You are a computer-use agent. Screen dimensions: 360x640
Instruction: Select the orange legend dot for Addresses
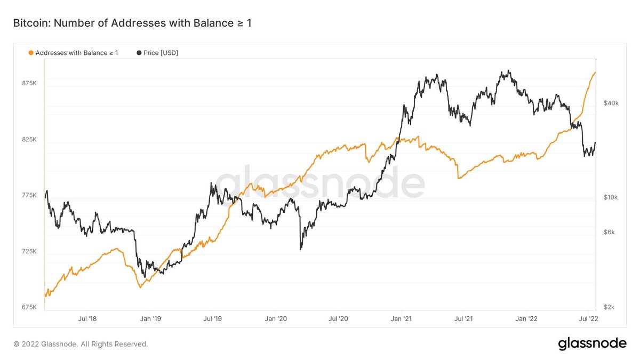click(x=31, y=53)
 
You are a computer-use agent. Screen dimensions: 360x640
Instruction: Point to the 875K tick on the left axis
click(x=29, y=84)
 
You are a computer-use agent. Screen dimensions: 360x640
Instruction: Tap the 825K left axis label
click(x=29, y=140)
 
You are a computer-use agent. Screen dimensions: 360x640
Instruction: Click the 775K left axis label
click(x=29, y=196)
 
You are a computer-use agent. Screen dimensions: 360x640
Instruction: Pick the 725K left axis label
click(x=29, y=251)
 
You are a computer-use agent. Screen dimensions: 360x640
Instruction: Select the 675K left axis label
click(x=29, y=307)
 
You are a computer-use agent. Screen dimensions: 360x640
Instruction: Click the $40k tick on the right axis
click(x=611, y=103)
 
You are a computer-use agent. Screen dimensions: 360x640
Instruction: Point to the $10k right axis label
click(x=611, y=197)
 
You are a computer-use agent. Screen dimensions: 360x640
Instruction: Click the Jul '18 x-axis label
click(x=87, y=319)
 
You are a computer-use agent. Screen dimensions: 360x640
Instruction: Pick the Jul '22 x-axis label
click(x=589, y=319)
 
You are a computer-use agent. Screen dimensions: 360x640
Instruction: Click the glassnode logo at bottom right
click(x=592, y=344)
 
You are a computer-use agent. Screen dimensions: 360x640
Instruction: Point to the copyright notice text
click(x=81, y=344)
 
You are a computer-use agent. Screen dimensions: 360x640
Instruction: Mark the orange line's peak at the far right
click(x=595, y=73)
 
